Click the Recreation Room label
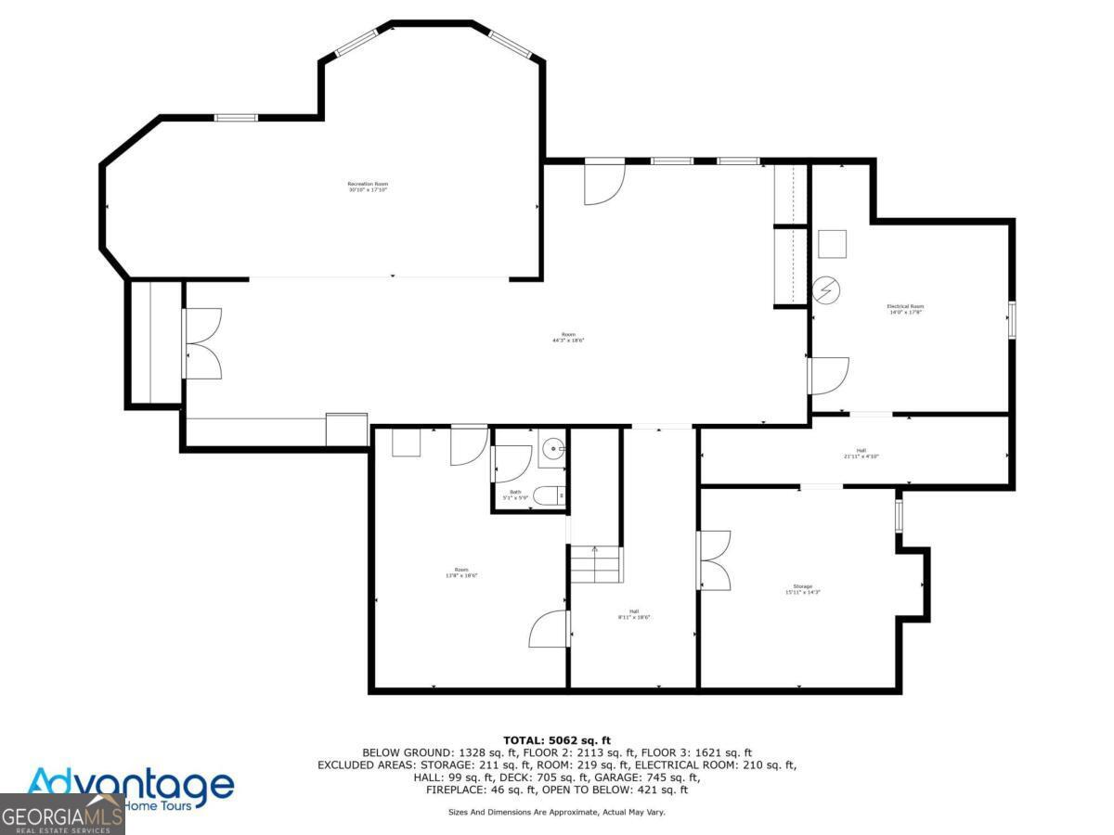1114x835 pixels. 368,186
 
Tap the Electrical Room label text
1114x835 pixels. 905,309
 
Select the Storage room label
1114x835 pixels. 803,588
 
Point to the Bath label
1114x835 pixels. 515,495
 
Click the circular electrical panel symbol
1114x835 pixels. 825,290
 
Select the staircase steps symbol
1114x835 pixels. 595,564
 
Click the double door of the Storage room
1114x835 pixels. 715,559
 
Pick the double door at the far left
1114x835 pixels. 202,342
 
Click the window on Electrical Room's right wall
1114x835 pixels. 1012,318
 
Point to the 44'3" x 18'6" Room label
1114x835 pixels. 568,337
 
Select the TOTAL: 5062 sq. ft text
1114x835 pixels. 557,739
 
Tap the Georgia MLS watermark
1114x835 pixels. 61,817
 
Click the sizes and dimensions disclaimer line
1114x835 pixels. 557,812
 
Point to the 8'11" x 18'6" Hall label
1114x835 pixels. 634,613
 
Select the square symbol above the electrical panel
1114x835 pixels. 833,243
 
